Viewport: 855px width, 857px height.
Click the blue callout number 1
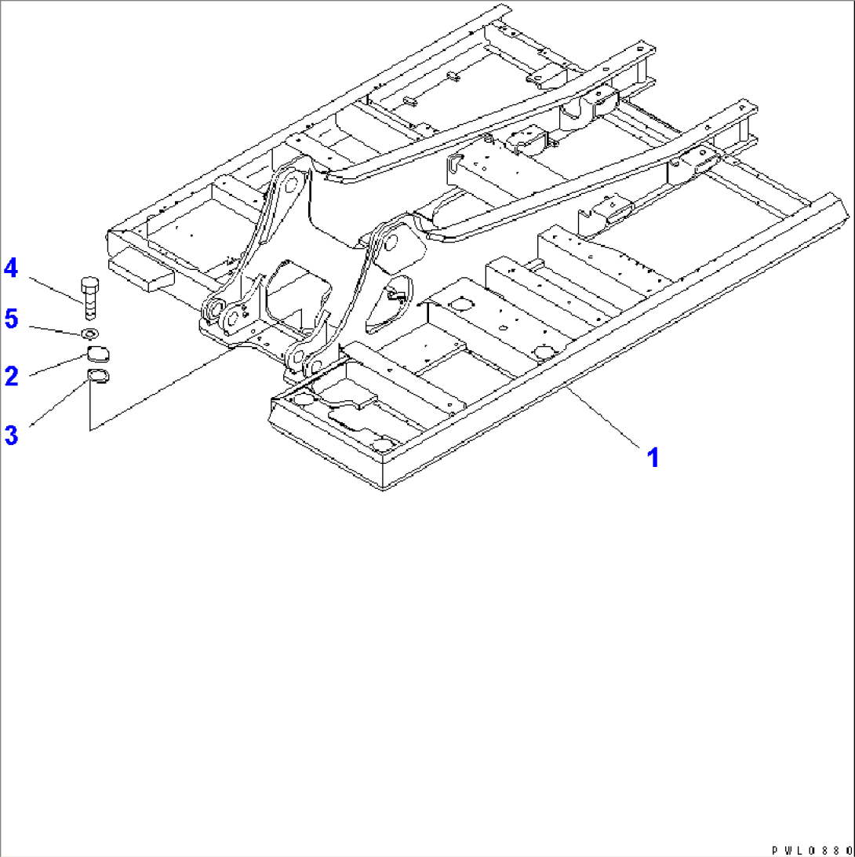(x=653, y=458)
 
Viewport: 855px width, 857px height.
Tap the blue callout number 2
(x=12, y=376)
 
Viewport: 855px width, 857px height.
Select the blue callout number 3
(x=12, y=435)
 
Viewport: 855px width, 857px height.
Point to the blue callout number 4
(x=11, y=268)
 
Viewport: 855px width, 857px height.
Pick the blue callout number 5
(x=12, y=318)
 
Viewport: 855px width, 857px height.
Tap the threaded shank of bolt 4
(x=90, y=305)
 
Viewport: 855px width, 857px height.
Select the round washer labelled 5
(x=89, y=332)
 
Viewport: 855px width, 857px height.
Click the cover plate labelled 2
(x=98, y=354)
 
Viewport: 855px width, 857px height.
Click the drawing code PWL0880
(x=811, y=851)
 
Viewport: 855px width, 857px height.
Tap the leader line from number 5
(x=56, y=329)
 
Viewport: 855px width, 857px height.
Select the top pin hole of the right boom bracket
(x=391, y=243)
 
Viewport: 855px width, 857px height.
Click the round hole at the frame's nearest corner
(x=384, y=443)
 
